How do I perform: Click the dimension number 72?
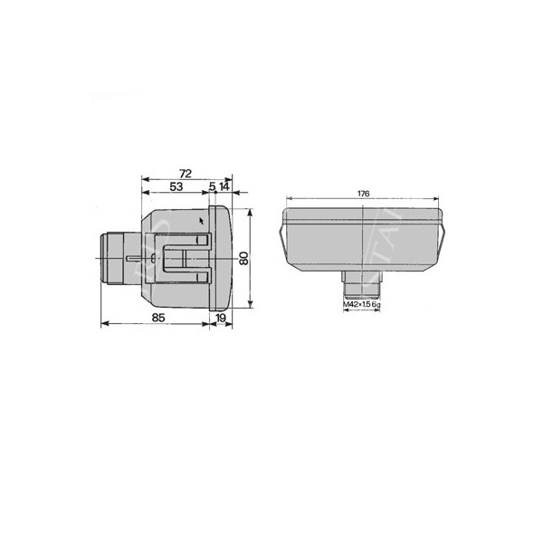[185, 172]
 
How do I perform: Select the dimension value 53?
[176, 186]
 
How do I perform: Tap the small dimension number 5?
[212, 186]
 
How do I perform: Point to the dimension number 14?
[224, 186]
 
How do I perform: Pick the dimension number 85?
[157, 317]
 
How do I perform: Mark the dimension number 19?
[221, 317]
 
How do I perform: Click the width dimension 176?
[363, 194]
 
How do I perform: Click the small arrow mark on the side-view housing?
[200, 219]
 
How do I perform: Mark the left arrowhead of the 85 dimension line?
[102, 323]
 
